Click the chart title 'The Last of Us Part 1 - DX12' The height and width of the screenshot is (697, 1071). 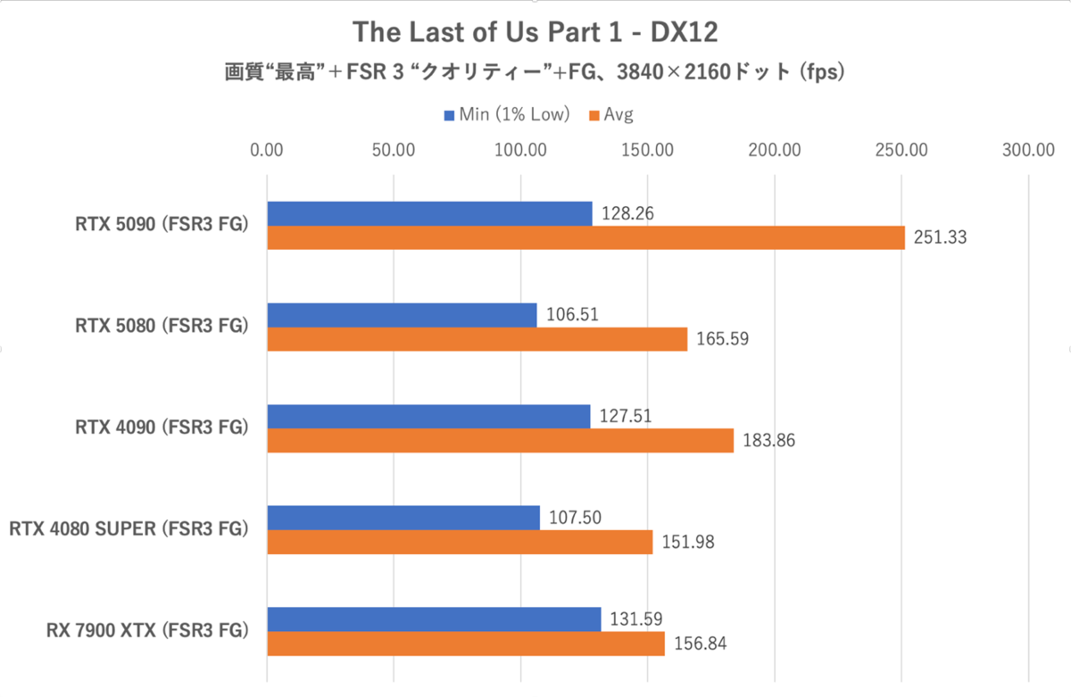click(535, 32)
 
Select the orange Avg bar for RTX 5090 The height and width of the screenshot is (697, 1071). click(585, 237)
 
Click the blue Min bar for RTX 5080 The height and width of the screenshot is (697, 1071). click(402, 315)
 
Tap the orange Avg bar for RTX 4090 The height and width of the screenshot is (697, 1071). click(500, 441)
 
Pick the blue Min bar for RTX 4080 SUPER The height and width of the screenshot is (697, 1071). click(403, 518)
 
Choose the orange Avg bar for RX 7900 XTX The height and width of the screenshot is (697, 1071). click(466, 643)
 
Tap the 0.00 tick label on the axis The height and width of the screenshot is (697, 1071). click(266, 150)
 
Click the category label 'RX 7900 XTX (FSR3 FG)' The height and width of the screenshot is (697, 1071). click(146, 631)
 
